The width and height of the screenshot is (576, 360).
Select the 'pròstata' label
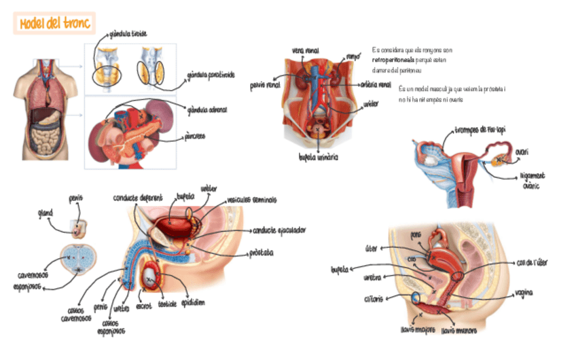pyautogui.click(x=261, y=253)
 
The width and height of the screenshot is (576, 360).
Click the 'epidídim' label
pyautogui.click(x=193, y=302)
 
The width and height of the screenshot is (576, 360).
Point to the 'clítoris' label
pyautogui.click(x=374, y=298)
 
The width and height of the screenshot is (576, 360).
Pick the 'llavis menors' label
pyautogui.click(x=459, y=331)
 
